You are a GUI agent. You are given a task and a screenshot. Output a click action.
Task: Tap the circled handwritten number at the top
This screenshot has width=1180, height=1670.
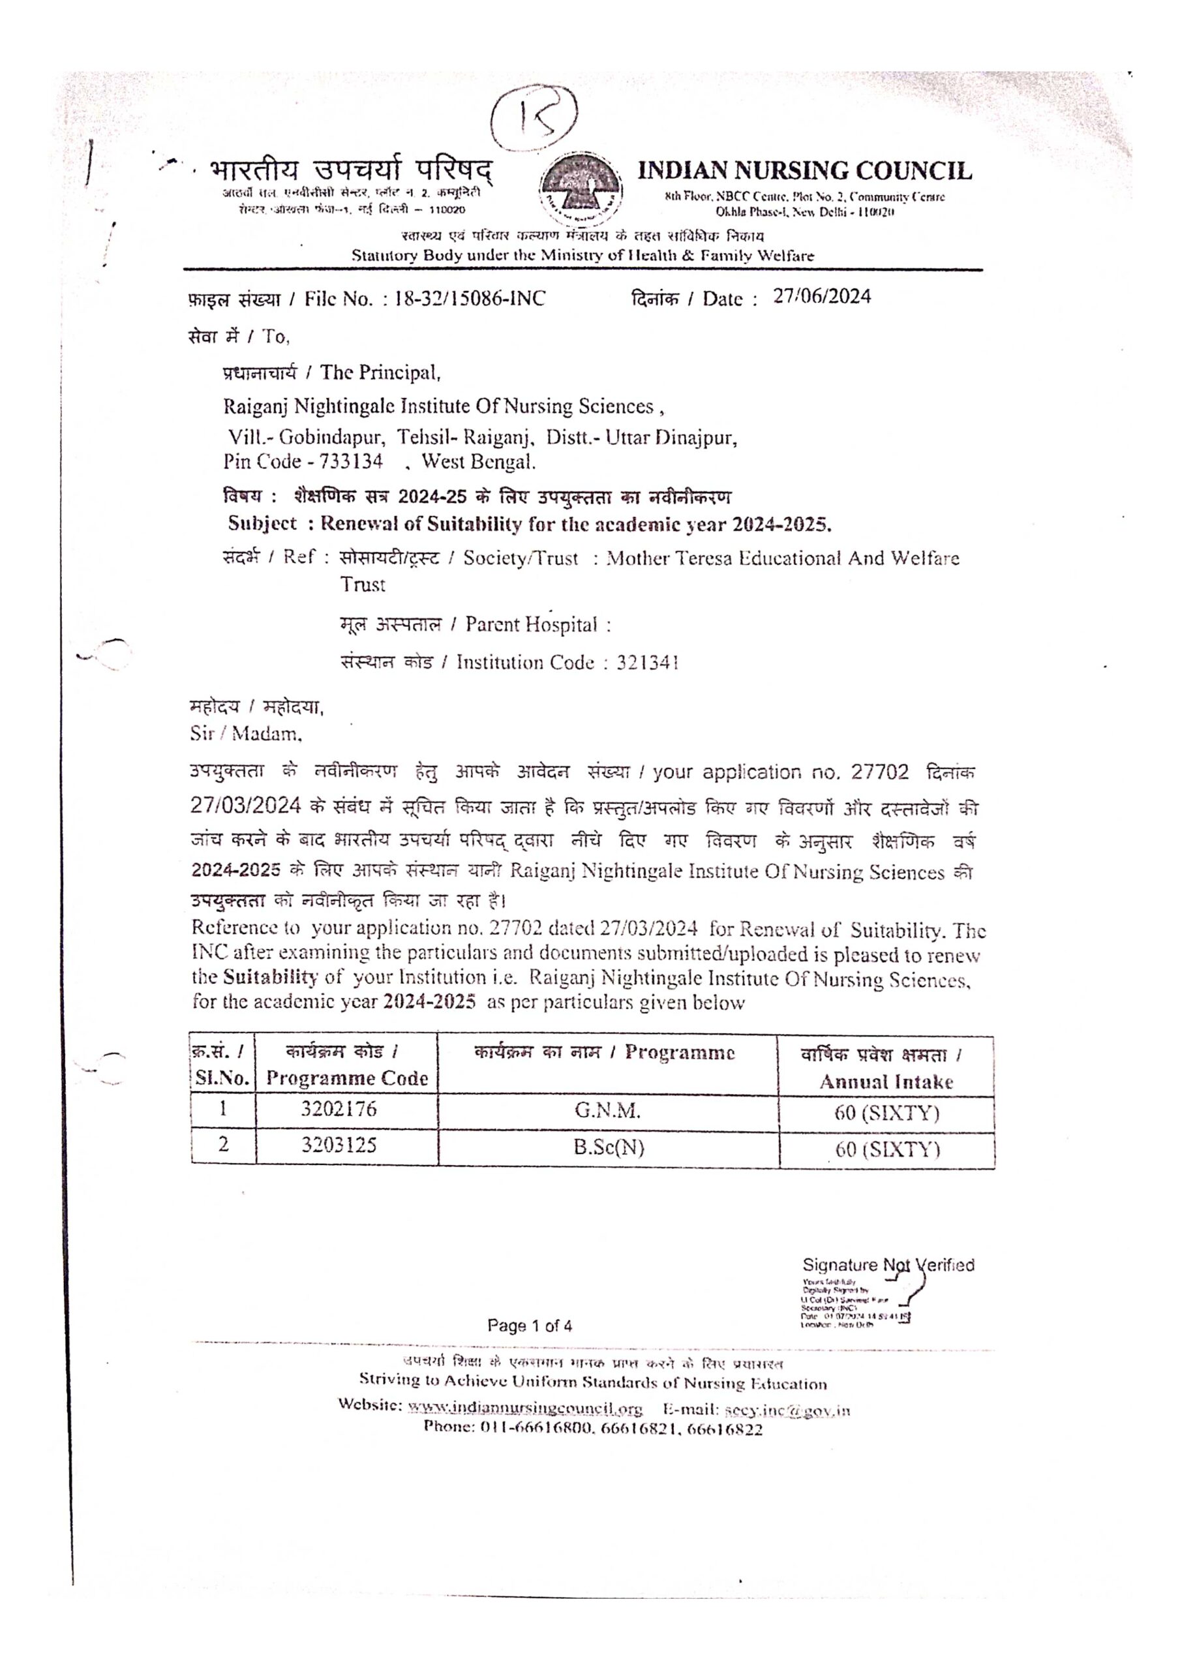[535, 120]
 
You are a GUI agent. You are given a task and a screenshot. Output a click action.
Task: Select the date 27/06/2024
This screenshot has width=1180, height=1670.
[821, 297]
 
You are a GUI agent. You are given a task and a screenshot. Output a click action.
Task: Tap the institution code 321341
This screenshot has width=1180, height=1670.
[648, 663]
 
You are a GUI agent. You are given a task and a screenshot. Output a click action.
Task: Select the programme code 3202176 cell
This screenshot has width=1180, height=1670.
[339, 1110]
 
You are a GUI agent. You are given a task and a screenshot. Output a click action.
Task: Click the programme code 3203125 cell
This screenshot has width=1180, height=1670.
[339, 1146]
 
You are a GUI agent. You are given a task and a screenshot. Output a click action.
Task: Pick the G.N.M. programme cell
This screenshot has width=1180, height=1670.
[607, 1111]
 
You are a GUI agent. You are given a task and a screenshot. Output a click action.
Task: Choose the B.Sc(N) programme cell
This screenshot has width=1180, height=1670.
[608, 1147]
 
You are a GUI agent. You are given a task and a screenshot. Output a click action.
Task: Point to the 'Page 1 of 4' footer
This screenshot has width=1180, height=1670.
[530, 1326]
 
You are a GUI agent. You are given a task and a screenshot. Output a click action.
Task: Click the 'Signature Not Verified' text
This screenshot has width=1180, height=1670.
[888, 1266]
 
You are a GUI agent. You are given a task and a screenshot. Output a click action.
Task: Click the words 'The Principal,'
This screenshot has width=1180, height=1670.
[380, 373]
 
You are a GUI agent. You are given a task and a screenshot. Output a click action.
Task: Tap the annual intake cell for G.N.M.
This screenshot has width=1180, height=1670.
[886, 1113]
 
